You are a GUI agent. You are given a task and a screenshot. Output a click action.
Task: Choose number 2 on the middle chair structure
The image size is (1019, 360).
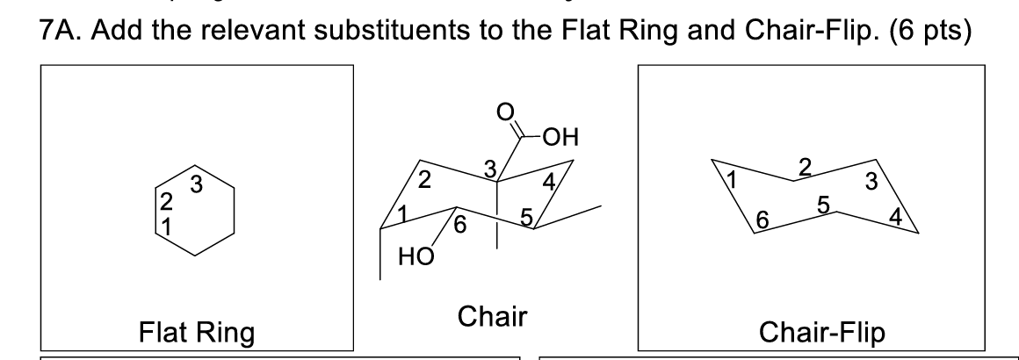coord(424,182)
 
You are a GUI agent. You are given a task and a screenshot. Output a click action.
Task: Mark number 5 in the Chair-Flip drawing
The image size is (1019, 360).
coord(823,205)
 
